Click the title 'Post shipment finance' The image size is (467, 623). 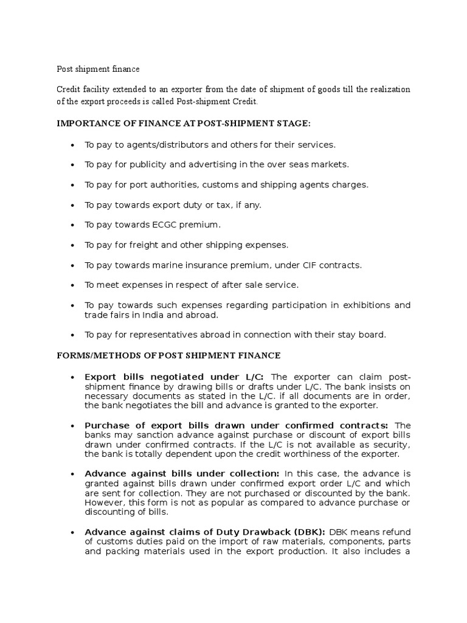[98, 69]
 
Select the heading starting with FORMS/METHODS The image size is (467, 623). [168, 355]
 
